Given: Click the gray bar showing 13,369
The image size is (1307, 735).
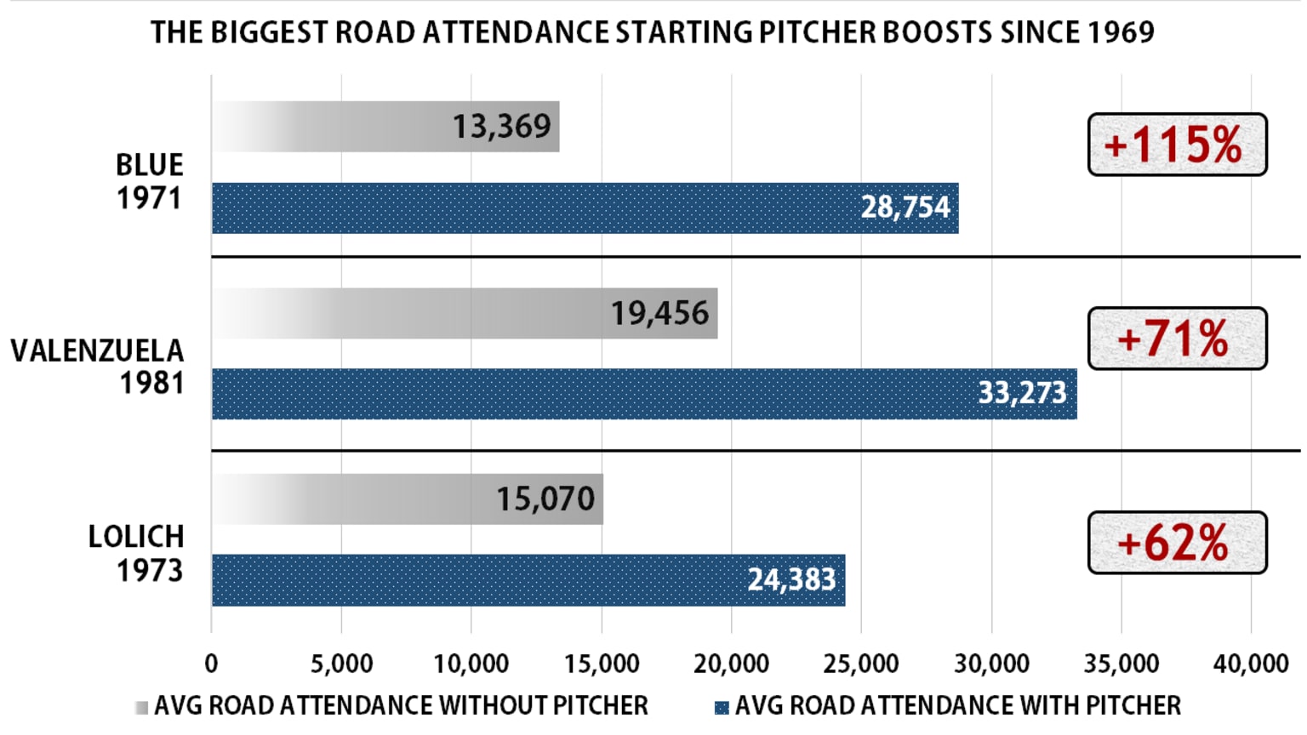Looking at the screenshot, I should [x=385, y=127].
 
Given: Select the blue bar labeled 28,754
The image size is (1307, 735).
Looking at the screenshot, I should [x=585, y=208].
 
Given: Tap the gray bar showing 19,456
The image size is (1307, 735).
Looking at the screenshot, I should [x=464, y=313].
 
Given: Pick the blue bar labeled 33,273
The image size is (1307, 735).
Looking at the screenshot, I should [x=644, y=394].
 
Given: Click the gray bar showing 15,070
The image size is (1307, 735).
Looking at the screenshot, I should [x=407, y=499].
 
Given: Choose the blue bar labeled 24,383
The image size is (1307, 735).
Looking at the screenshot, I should [x=528, y=580].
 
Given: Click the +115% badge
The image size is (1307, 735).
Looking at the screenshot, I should [x=1177, y=145].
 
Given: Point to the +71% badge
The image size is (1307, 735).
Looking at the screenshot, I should [x=1177, y=339].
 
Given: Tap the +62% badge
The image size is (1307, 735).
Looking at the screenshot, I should [x=1177, y=543].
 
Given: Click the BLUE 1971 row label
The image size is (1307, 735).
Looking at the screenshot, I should [x=150, y=181].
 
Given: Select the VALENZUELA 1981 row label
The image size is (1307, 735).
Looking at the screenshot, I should [x=98, y=367].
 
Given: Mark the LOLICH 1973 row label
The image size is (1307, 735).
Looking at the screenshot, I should [x=136, y=553].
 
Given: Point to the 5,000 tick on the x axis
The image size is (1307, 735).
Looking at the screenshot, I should [x=341, y=664].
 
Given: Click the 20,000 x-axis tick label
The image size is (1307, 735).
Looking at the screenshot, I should [x=732, y=664].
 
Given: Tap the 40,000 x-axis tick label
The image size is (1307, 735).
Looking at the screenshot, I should [x=1251, y=664].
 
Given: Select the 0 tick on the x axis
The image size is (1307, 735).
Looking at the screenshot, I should [x=211, y=664].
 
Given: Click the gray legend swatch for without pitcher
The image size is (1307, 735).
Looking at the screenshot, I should [x=141, y=707].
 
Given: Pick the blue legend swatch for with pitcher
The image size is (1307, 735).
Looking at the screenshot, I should [x=722, y=707].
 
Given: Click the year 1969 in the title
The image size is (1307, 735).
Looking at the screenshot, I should [x=1120, y=32].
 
